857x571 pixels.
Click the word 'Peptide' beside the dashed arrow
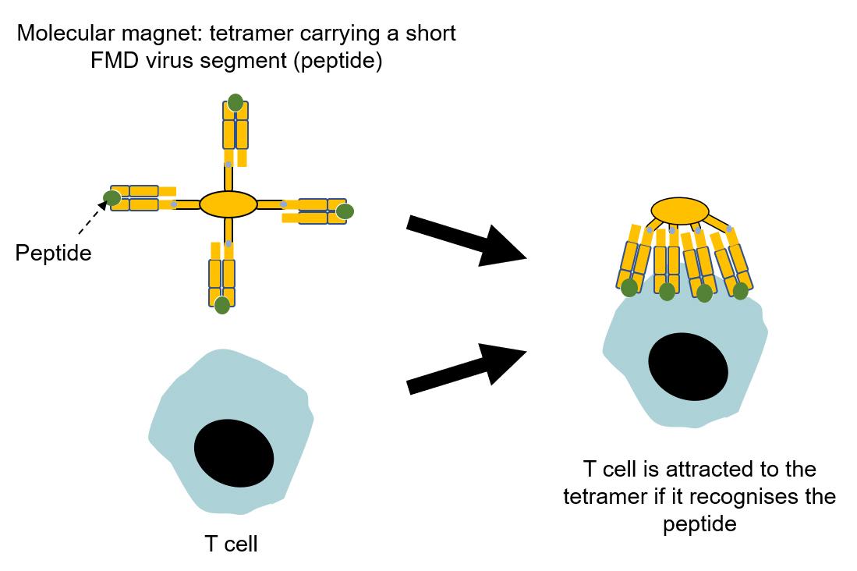point(53,253)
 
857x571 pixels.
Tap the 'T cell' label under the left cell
point(231,543)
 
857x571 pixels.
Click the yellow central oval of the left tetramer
point(228,204)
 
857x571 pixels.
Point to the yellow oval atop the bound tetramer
point(679,211)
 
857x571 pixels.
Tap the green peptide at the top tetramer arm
point(235,103)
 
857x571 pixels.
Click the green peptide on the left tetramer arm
point(112,198)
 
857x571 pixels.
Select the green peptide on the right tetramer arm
point(345,211)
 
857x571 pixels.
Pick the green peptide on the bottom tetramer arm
point(222,304)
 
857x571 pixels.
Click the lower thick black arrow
point(466,370)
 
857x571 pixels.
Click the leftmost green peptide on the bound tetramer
point(629,287)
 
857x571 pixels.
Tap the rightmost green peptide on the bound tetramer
point(740,291)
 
